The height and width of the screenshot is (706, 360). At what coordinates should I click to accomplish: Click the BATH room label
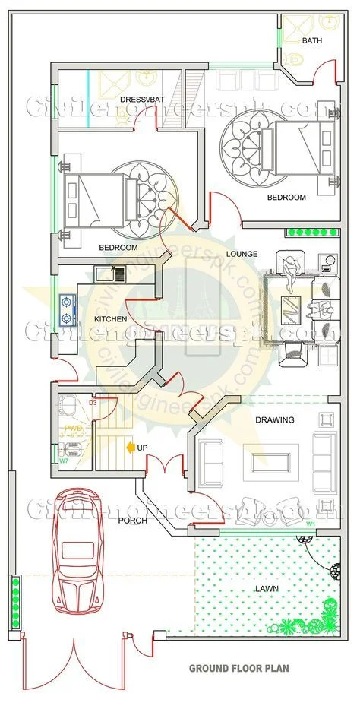coord(311,40)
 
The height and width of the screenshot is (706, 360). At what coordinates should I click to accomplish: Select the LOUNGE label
coord(242,254)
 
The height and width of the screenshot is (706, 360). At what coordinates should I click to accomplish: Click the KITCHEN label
coord(110,319)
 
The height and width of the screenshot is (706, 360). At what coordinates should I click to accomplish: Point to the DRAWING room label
coord(274,420)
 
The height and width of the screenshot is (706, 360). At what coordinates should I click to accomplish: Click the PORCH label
coord(132,521)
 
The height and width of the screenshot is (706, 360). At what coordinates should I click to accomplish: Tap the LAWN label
coord(265,588)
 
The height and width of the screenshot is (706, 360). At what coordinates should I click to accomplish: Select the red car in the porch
coord(77,551)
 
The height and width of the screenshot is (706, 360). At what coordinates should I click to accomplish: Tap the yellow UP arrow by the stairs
coord(131,448)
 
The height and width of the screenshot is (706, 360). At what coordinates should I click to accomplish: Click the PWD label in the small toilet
coord(73,429)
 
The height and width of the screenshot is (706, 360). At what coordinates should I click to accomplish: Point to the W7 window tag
coord(64,461)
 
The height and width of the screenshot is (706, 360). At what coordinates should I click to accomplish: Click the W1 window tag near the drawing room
coord(311,524)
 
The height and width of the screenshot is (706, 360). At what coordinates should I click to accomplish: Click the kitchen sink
coord(106,271)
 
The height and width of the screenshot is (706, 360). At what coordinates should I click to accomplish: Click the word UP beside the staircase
coord(142,448)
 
